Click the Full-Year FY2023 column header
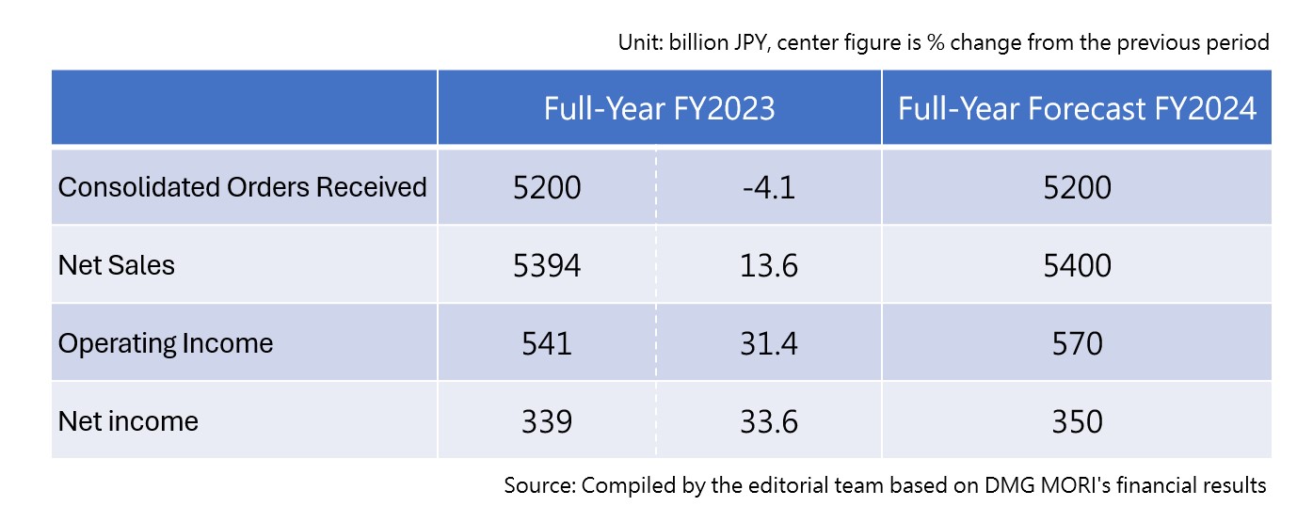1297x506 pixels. (659, 109)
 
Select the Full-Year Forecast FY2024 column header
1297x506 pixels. (1077, 109)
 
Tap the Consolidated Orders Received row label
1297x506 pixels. (243, 187)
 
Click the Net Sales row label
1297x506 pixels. (117, 265)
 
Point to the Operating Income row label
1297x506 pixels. (166, 343)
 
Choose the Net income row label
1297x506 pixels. (128, 420)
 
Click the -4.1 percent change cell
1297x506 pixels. (768, 188)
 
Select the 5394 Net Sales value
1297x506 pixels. (547, 266)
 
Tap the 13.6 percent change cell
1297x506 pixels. (768, 266)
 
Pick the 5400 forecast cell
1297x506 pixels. (1077, 266)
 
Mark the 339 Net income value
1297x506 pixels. (547, 421)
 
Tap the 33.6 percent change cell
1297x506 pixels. (768, 421)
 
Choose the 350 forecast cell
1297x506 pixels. (1077, 421)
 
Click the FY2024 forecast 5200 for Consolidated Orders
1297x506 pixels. (1077, 188)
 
